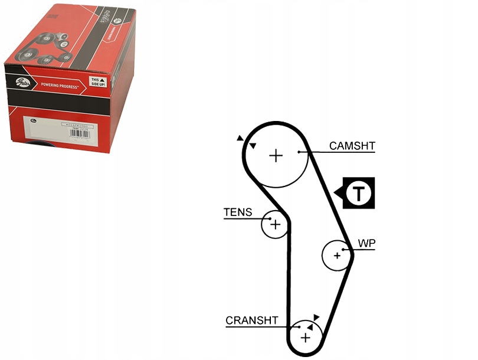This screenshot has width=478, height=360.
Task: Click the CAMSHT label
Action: pyautogui.click(x=352, y=146)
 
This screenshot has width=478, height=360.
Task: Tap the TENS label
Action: pyautogui.click(x=238, y=212)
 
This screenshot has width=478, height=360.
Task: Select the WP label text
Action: pyautogui.click(x=367, y=243)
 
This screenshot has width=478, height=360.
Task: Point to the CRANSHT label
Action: pyautogui.click(x=251, y=320)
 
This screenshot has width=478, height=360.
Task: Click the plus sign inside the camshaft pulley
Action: pyautogui.click(x=276, y=155)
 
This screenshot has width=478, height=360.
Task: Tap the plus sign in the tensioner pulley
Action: pyautogui.click(x=274, y=224)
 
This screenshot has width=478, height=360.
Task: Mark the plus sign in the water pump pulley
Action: pyautogui.click(x=337, y=256)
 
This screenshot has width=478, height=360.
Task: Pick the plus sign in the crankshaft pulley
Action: pyautogui.click(x=305, y=338)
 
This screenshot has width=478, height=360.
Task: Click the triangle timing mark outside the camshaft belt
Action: pyautogui.click(x=240, y=138)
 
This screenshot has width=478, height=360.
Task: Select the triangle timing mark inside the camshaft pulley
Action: pyautogui.click(x=253, y=146)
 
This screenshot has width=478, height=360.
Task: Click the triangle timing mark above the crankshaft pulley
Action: pyautogui.click(x=317, y=318)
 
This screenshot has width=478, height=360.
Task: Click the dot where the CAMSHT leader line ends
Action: pyautogui.click(x=300, y=152)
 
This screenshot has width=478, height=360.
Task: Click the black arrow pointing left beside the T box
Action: pyautogui.click(x=338, y=192)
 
